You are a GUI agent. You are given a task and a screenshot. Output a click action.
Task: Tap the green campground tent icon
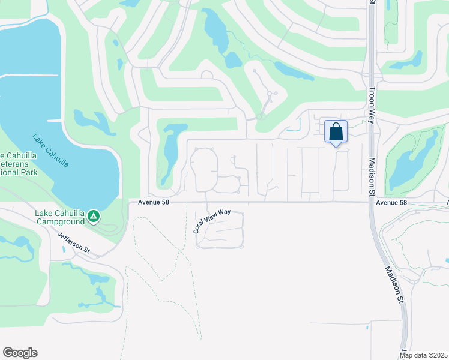tap(93, 215)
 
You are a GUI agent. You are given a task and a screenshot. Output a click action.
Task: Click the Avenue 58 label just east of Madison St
tap(391, 203)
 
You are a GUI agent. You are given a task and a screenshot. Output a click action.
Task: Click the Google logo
tap(20, 353)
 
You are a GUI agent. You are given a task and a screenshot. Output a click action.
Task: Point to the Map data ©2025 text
tap(424, 355)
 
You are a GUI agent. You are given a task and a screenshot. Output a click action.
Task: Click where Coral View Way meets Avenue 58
tap(206, 202)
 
